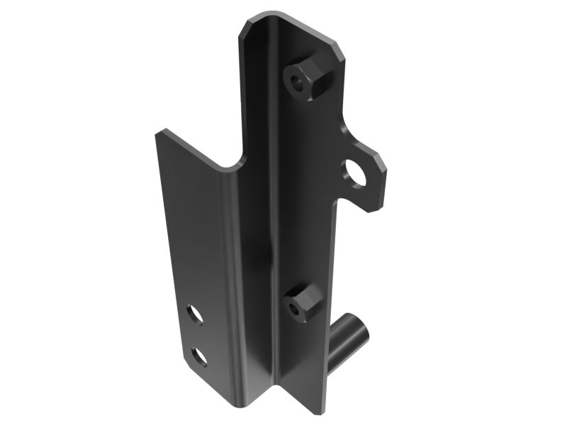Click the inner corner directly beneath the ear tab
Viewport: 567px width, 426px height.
click(x=337, y=202)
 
